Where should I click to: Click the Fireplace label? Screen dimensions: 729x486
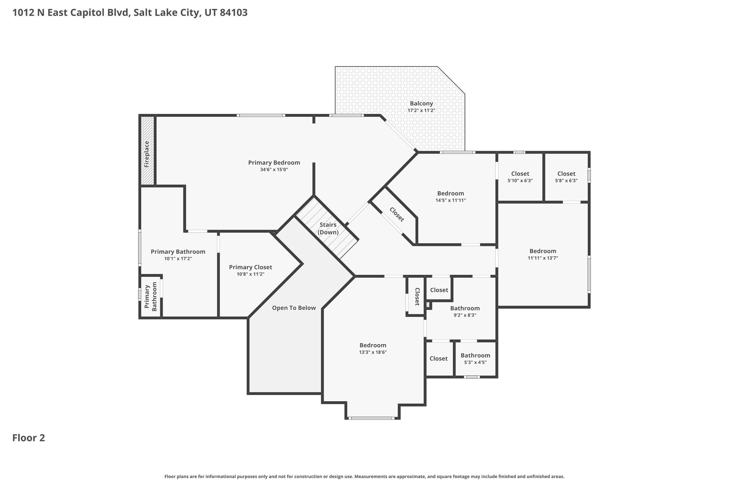(147, 154)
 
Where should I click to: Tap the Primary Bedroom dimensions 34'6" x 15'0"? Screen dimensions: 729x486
(274, 170)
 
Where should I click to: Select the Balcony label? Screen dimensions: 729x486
(421, 104)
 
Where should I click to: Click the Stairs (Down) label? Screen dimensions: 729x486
(328, 229)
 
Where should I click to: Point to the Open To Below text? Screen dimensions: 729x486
(294, 308)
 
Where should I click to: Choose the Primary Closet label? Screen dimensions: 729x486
(251, 267)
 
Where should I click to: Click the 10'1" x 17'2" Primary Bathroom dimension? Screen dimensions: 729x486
(178, 259)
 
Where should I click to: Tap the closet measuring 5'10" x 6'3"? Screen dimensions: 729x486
(520, 177)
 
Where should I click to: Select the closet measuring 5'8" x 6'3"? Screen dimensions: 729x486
(566, 177)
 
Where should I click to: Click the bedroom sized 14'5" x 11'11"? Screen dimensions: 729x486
(451, 197)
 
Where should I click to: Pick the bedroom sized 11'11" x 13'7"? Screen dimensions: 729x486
(543, 254)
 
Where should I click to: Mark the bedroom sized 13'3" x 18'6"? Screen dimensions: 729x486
(373, 349)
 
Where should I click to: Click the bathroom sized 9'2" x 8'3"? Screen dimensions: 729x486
(465, 312)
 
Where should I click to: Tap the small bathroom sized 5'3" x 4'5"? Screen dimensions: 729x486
(476, 359)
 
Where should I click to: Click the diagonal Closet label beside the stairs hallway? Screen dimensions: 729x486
(397, 215)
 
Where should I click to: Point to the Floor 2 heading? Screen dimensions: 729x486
(29, 438)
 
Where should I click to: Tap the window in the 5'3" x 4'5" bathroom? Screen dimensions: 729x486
(472, 377)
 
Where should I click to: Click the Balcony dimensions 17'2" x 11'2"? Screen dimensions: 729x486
(421, 111)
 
